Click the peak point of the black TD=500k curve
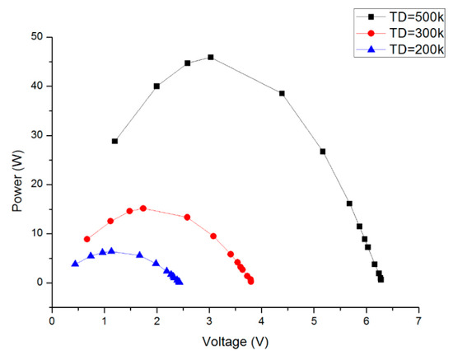click(x=211, y=58)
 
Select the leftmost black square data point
click(x=114, y=141)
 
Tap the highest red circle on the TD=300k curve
click(x=143, y=208)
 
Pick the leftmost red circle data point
click(x=86, y=239)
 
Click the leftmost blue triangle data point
click(x=75, y=264)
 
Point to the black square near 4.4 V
click(x=282, y=93)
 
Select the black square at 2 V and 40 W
click(x=156, y=86)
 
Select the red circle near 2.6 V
click(x=187, y=217)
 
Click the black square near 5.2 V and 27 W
click(x=323, y=152)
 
